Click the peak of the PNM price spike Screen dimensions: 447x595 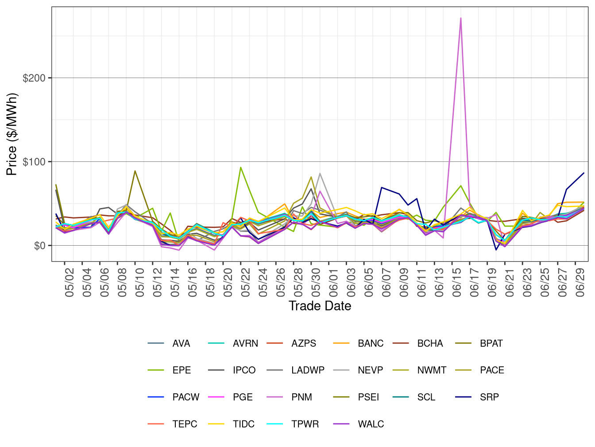(461, 18)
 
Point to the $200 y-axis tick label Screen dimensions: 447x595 (34, 78)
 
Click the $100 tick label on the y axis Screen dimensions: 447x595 (34, 162)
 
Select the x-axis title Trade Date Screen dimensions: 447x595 (320, 306)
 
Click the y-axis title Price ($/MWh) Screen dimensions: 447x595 (12, 134)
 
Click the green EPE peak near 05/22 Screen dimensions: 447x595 (240, 167)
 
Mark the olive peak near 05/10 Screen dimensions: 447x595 (135, 171)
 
